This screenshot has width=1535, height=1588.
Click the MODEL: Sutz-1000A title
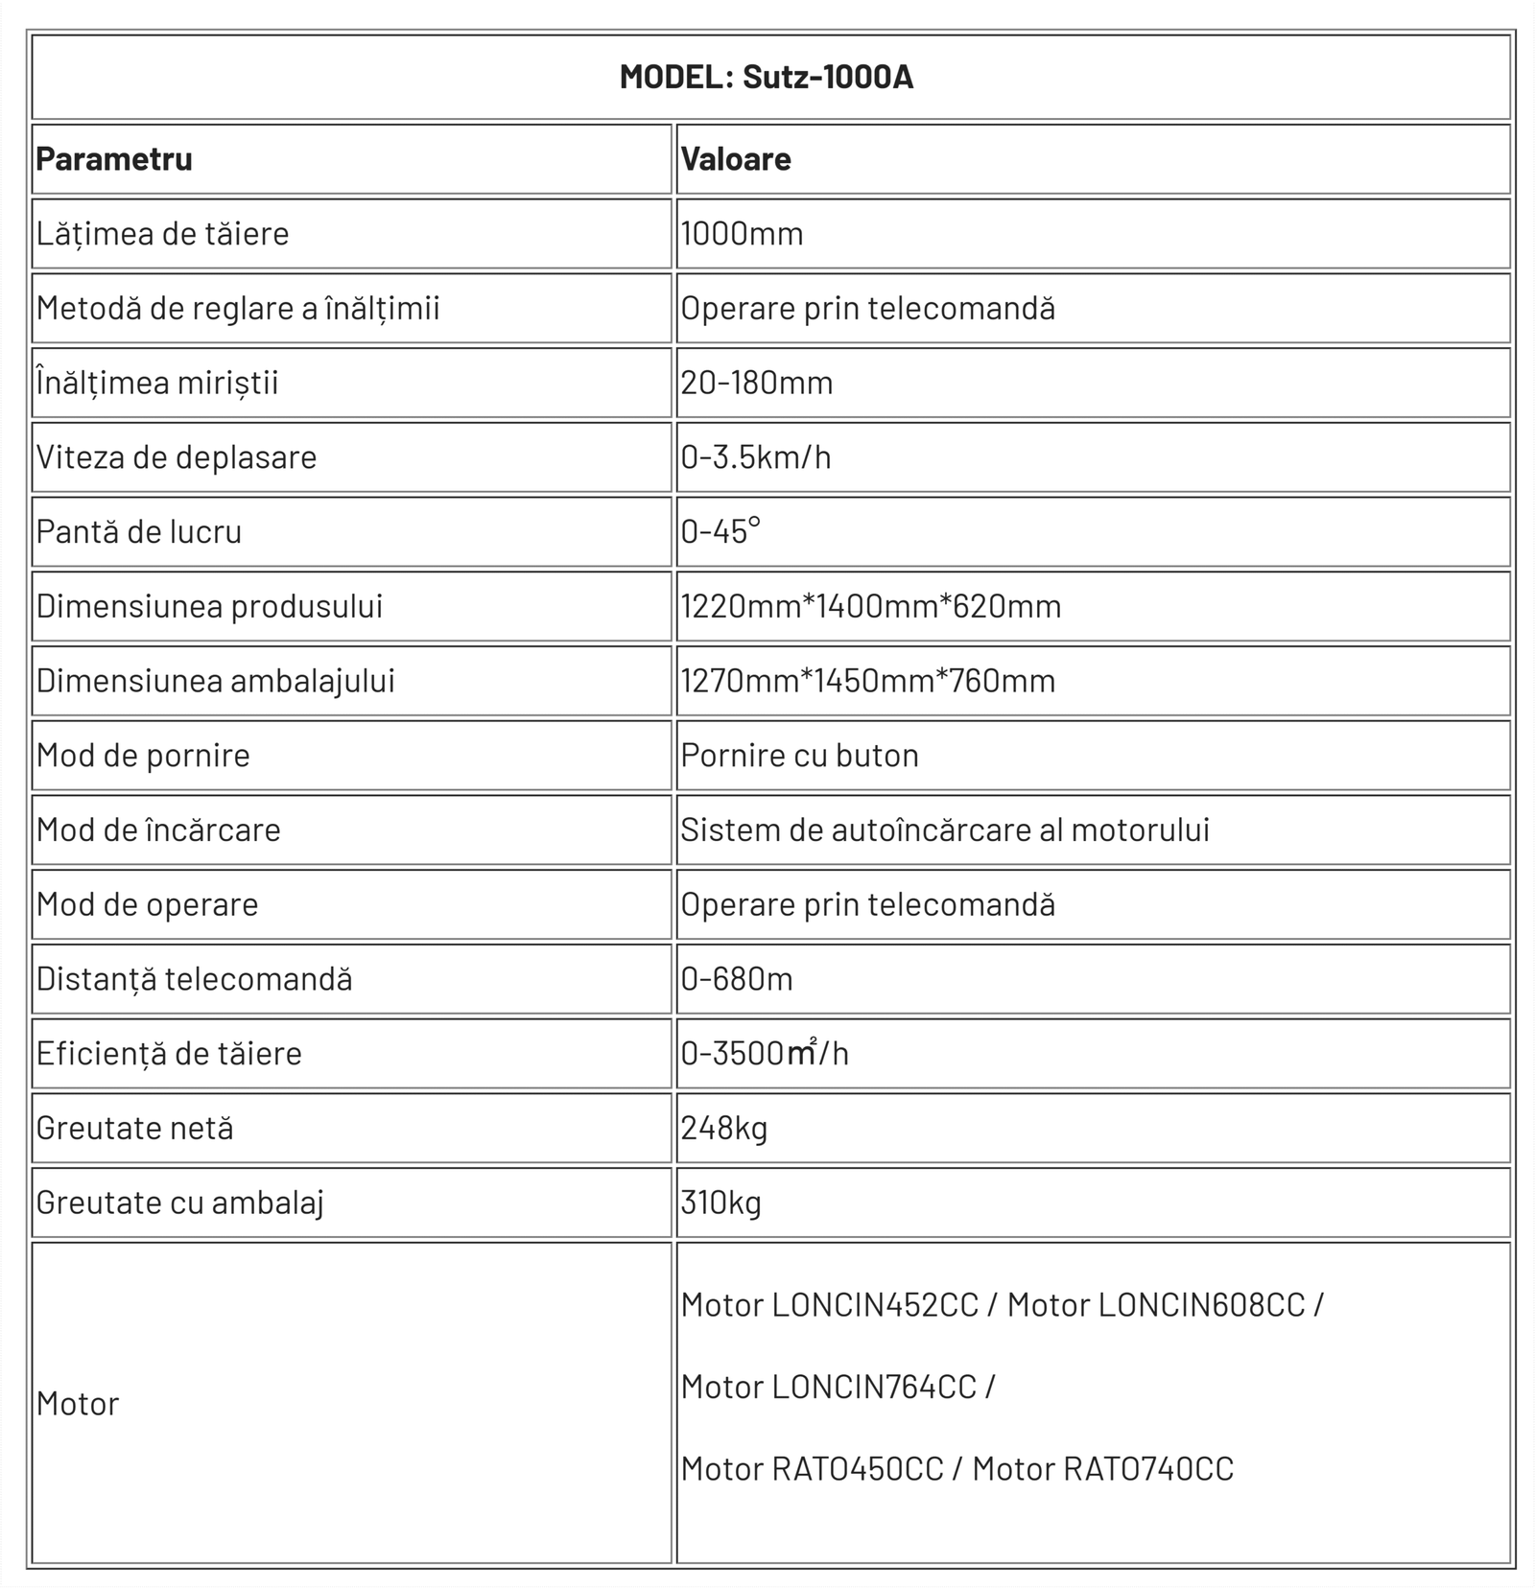click(766, 77)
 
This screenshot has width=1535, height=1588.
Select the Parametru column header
click(114, 159)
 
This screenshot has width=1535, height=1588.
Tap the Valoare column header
click(736, 159)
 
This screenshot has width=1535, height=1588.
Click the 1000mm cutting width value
click(742, 234)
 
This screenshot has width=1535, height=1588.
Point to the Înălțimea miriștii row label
click(157, 383)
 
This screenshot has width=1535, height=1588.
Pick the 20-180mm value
click(757, 383)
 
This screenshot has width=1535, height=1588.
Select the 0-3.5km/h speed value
click(756, 457)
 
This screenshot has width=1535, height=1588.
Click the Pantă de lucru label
click(139, 532)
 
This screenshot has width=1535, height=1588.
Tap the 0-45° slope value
click(720, 531)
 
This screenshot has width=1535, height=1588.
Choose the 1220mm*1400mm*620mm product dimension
click(871, 606)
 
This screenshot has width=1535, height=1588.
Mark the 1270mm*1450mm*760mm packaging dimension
click(868, 681)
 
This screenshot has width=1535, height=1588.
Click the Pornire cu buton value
click(800, 756)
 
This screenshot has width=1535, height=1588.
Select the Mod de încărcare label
click(158, 830)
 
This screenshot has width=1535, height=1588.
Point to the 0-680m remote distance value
click(737, 979)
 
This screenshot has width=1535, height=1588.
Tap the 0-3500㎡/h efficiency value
click(765, 1054)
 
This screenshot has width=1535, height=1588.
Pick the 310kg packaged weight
click(721, 1203)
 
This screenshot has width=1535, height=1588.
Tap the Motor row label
click(78, 1404)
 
